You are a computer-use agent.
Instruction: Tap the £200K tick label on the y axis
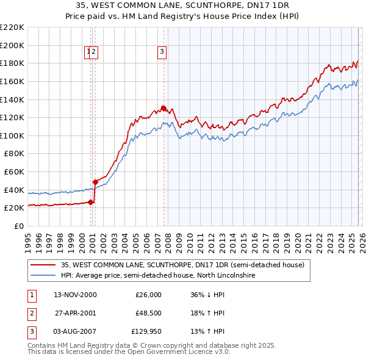pos(12,45)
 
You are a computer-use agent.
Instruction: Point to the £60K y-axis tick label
pos(14,171)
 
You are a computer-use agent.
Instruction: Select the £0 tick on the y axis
pos(20,226)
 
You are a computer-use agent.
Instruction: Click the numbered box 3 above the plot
pos(162,52)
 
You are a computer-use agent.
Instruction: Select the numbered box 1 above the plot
pos(89,52)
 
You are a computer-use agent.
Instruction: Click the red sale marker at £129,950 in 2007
pos(163,109)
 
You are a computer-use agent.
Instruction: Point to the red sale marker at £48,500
pos(96,182)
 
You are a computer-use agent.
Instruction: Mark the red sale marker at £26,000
pos(91,202)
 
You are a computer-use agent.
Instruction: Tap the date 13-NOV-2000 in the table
pos(75,295)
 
